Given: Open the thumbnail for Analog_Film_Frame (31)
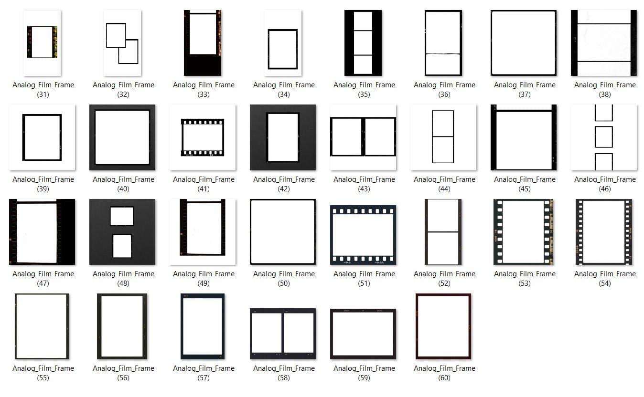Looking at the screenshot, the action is (42, 43).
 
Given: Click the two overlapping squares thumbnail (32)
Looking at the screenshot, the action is (122, 43).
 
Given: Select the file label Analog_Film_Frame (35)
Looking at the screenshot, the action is (364, 90).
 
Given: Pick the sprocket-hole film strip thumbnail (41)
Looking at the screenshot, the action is (203, 137).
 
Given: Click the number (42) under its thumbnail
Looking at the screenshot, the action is (284, 189).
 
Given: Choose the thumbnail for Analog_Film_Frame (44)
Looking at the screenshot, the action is (443, 137).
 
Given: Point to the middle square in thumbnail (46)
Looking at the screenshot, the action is (604, 137).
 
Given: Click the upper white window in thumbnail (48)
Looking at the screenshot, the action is (122, 216).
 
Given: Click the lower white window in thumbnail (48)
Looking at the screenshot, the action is (122, 246).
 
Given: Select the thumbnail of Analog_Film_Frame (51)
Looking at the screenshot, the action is (363, 235).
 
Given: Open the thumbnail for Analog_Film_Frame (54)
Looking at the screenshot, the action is (604, 231).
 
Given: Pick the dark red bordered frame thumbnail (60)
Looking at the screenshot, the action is (443, 326).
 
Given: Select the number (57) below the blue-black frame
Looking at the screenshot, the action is (204, 378).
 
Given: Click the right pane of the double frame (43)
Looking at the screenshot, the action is (379, 137).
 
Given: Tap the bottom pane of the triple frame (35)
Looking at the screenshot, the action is (363, 65).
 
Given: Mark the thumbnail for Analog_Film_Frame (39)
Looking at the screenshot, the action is (42, 137).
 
